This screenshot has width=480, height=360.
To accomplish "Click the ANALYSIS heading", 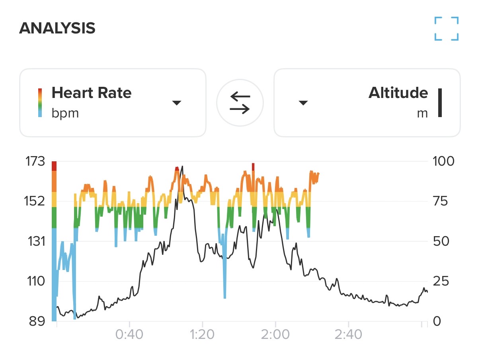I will (x=57, y=28).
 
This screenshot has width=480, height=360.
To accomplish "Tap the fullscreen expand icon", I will (x=447, y=28).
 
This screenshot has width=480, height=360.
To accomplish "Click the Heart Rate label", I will (x=92, y=93).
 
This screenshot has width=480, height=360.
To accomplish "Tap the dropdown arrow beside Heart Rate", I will (x=177, y=103).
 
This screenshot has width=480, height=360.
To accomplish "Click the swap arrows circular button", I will (x=240, y=103).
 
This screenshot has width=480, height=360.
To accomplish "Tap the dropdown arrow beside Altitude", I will (x=303, y=103).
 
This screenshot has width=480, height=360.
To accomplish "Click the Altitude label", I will (x=398, y=93).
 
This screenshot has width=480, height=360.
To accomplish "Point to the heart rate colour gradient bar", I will (x=40, y=103).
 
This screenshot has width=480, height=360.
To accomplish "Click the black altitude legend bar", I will (x=440, y=103).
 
